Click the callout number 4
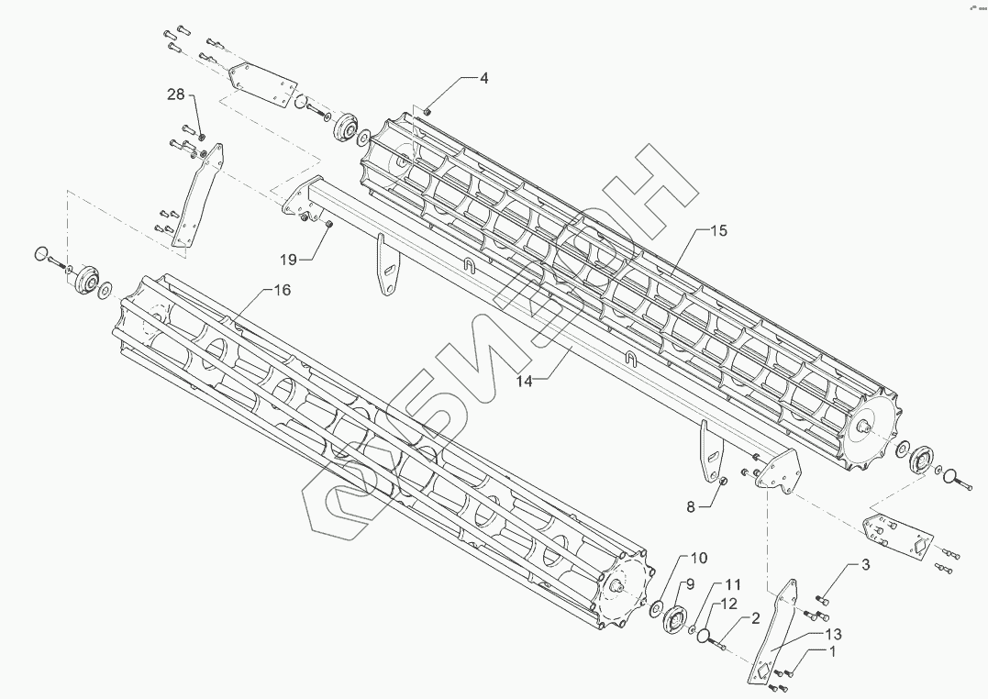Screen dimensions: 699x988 pos(483,78)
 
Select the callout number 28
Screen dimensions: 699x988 pos(176,94)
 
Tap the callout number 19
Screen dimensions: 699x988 pos(289,260)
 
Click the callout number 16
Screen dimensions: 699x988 pos(282,290)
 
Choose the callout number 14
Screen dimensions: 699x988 pos(524,382)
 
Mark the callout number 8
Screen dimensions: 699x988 pos(693,505)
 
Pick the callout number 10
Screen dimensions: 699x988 pos(699,558)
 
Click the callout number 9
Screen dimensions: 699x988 pos(689,583)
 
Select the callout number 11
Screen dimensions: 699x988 pos(732,583)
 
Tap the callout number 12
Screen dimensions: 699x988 pos(728,604)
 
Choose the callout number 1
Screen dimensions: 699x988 pos(832,652)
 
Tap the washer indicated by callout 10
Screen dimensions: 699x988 pos(657,608)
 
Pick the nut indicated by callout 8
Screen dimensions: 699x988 pos(722,482)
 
